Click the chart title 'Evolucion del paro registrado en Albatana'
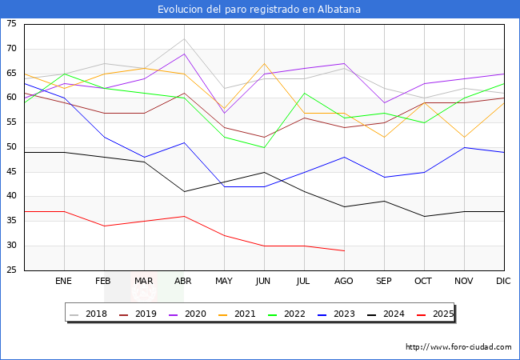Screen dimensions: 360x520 click(260, 10)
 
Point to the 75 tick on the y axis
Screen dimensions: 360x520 click(11, 24)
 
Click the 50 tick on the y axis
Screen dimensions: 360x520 click(11, 147)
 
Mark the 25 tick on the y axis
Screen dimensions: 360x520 click(11, 270)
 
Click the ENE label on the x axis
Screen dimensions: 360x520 click(64, 282)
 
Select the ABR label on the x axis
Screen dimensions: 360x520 click(184, 282)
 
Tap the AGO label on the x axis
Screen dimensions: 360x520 click(344, 282)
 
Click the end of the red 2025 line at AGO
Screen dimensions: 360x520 click(344, 250)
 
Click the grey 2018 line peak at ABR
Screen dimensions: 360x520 click(184, 39)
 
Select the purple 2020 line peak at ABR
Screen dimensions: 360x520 click(184, 54)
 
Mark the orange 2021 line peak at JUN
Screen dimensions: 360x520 click(264, 64)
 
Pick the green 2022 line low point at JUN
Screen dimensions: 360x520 click(264, 147)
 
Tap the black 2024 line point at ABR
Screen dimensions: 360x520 click(184, 191)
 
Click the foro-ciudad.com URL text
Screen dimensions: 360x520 click(458, 347)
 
